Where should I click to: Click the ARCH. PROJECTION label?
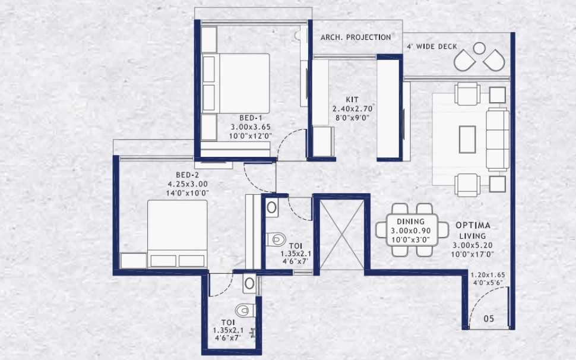coord(356,37)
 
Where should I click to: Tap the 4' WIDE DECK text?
coord(432,46)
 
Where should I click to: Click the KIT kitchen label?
coord(353,100)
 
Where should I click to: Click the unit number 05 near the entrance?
coord(489,319)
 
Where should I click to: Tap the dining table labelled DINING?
coord(407,230)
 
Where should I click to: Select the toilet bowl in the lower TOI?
coord(244,310)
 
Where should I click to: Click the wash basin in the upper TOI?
coord(271,207)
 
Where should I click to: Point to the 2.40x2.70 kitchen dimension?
coord(353,109)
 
